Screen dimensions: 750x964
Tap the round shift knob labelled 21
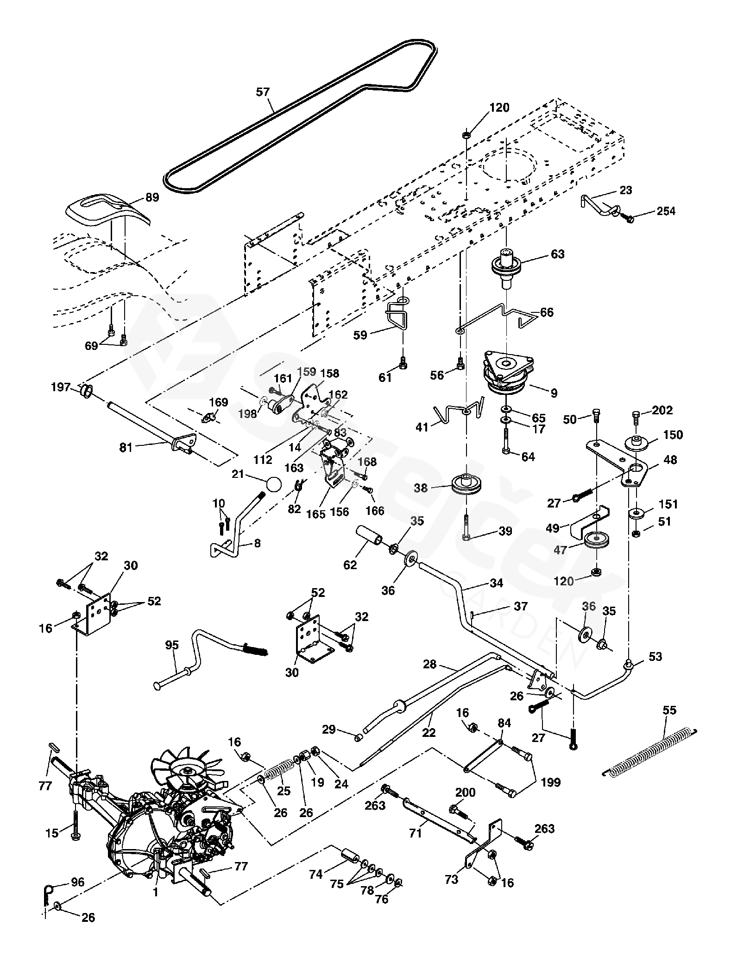coord(274,484)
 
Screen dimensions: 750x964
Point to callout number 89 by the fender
coord(152,197)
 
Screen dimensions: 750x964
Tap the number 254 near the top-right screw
coord(666,211)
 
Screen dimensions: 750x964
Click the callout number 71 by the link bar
coord(415,833)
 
